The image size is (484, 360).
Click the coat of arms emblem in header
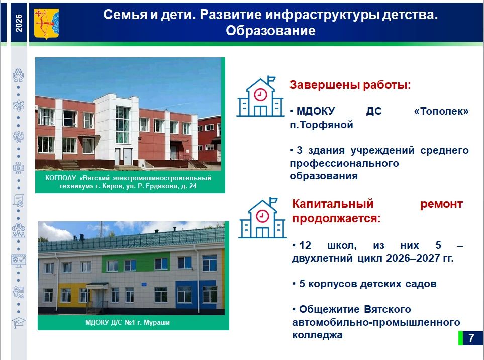click(x=46, y=24)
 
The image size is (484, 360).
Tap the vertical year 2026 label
click(x=19, y=23)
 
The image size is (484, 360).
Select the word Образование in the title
click(x=270, y=31)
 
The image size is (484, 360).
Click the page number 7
click(x=471, y=338)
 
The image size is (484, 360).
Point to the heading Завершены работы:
click(x=350, y=85)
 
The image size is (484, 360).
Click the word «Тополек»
click(x=441, y=111)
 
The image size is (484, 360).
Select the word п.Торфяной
click(x=321, y=125)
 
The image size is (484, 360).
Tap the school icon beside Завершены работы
click(x=260, y=96)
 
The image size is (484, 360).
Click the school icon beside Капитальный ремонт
click(x=262, y=218)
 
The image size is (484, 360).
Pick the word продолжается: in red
click(x=336, y=218)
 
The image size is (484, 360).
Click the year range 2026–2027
click(x=413, y=258)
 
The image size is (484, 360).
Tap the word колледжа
click(x=317, y=335)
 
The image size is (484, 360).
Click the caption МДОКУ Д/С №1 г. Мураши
click(x=128, y=323)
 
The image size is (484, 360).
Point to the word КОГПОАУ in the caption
click(x=60, y=178)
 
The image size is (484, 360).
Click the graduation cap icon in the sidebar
click(x=19, y=322)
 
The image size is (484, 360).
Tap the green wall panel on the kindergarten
click(x=136, y=262)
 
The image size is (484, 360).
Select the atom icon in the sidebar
click(x=18, y=105)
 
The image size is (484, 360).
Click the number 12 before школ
click(x=305, y=245)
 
